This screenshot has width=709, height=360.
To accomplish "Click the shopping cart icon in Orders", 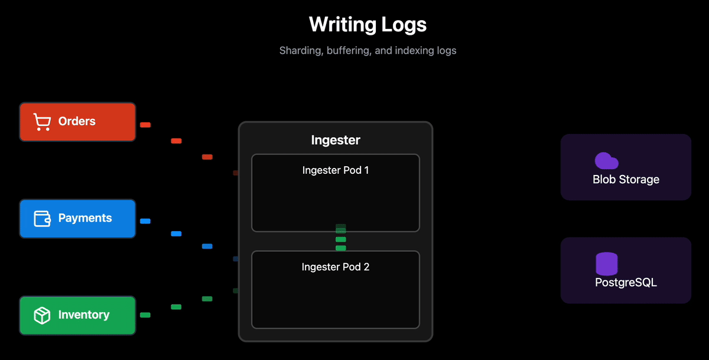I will coord(41,122).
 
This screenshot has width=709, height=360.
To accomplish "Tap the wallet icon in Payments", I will coord(42,219).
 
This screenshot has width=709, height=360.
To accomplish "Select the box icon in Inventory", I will coord(42,316).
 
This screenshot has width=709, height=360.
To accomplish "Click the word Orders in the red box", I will coord(77,122).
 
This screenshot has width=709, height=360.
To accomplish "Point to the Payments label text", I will coord(85,218).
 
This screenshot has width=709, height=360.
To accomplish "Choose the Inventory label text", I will coord(83,315).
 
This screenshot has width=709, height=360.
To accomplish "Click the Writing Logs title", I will coord(367,25).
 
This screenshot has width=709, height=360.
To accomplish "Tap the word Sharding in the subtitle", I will coord(300,51).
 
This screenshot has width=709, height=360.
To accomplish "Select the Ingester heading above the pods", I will coord(336,140).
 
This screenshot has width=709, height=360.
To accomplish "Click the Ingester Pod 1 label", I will coord(336,170).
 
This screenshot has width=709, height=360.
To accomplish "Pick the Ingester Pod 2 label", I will coord(336,267).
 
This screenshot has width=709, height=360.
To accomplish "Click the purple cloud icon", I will coord(606,161).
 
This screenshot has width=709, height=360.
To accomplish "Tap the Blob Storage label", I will coord(626,180).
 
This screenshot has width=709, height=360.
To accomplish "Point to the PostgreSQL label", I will coord(626,283).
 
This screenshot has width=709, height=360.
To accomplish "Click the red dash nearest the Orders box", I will coord(145,125).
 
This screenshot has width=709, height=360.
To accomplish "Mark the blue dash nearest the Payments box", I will coord(145,221).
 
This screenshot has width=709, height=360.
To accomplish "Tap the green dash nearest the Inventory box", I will coord(145,315).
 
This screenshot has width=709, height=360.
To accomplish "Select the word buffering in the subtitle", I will coord(350,51).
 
